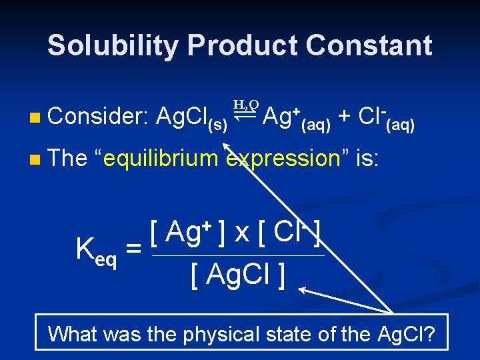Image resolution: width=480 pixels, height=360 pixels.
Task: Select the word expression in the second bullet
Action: (284, 159)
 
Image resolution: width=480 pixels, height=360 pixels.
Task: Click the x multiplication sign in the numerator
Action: (241, 233)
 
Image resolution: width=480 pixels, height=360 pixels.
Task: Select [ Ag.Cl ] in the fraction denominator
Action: (238, 273)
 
